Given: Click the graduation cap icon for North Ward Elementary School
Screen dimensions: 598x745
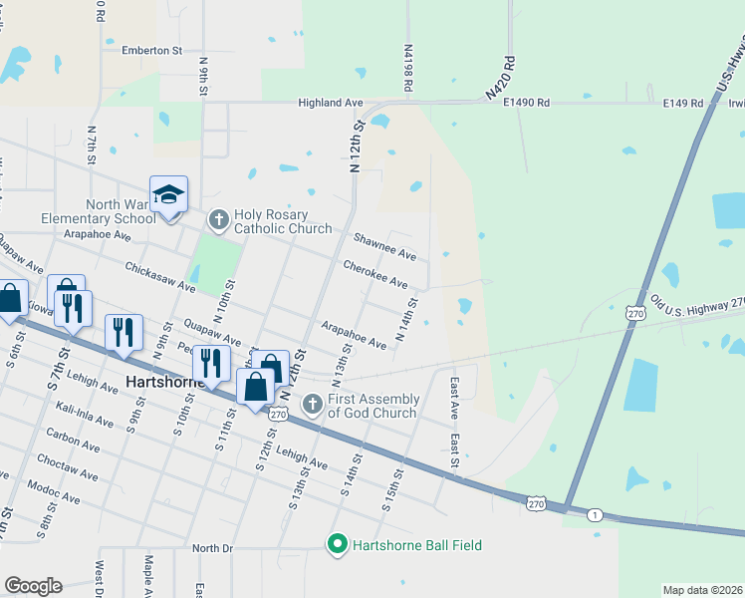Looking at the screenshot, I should click(x=169, y=195).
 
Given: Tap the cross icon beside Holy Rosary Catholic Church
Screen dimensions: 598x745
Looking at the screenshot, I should click(x=218, y=217).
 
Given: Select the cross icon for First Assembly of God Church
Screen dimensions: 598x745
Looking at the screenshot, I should click(x=312, y=403).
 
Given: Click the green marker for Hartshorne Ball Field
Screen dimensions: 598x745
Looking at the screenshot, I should click(x=337, y=544).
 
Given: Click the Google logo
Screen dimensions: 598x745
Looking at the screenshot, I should click(x=33, y=586).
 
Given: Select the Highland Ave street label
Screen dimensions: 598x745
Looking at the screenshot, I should click(x=331, y=103).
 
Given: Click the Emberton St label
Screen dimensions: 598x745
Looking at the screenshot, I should click(x=151, y=50).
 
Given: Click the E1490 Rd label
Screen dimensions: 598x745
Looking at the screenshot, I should click(x=527, y=103).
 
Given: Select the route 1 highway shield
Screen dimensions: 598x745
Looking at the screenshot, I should click(x=595, y=514).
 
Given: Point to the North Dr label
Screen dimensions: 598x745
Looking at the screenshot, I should click(x=211, y=548).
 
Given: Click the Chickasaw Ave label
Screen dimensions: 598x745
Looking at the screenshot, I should click(x=159, y=278).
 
